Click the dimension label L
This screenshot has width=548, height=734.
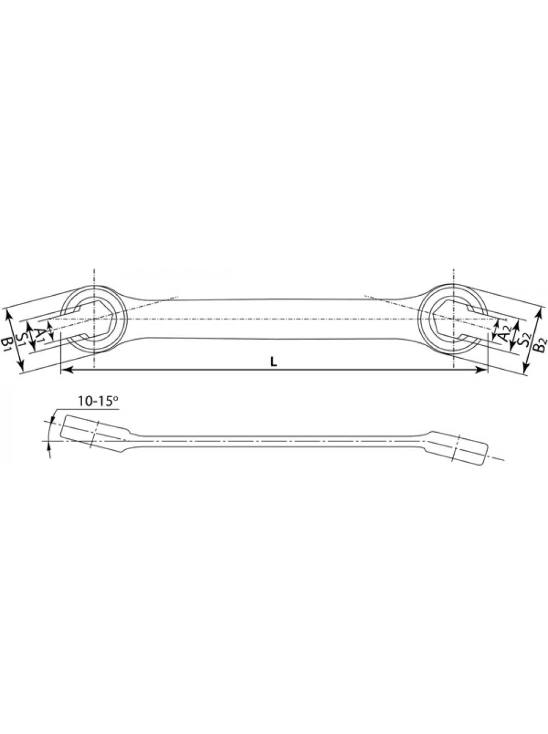(x=273, y=361)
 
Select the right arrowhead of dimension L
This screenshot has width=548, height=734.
(x=481, y=370)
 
